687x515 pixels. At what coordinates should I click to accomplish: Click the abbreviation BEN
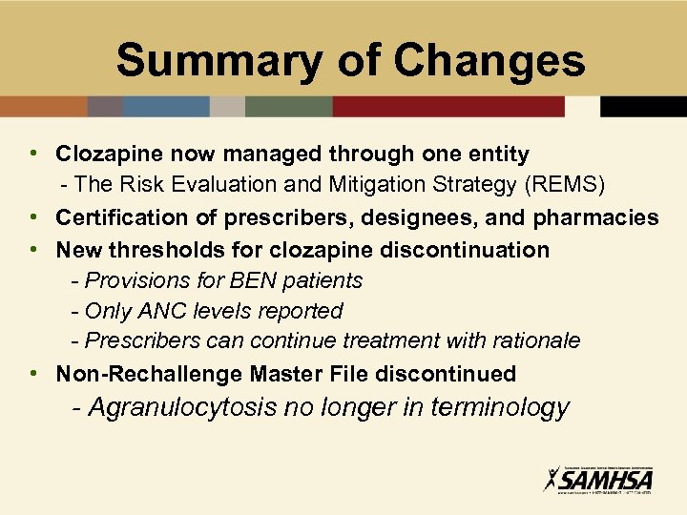pyautogui.click(x=251, y=280)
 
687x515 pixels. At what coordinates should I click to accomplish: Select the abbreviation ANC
pyautogui.click(x=157, y=311)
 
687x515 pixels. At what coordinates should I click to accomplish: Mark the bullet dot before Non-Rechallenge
pyautogui.click(x=33, y=373)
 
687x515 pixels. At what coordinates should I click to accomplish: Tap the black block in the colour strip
pyautogui.click(x=643, y=106)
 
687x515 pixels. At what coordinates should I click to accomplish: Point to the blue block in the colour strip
pyautogui.click(x=166, y=106)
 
